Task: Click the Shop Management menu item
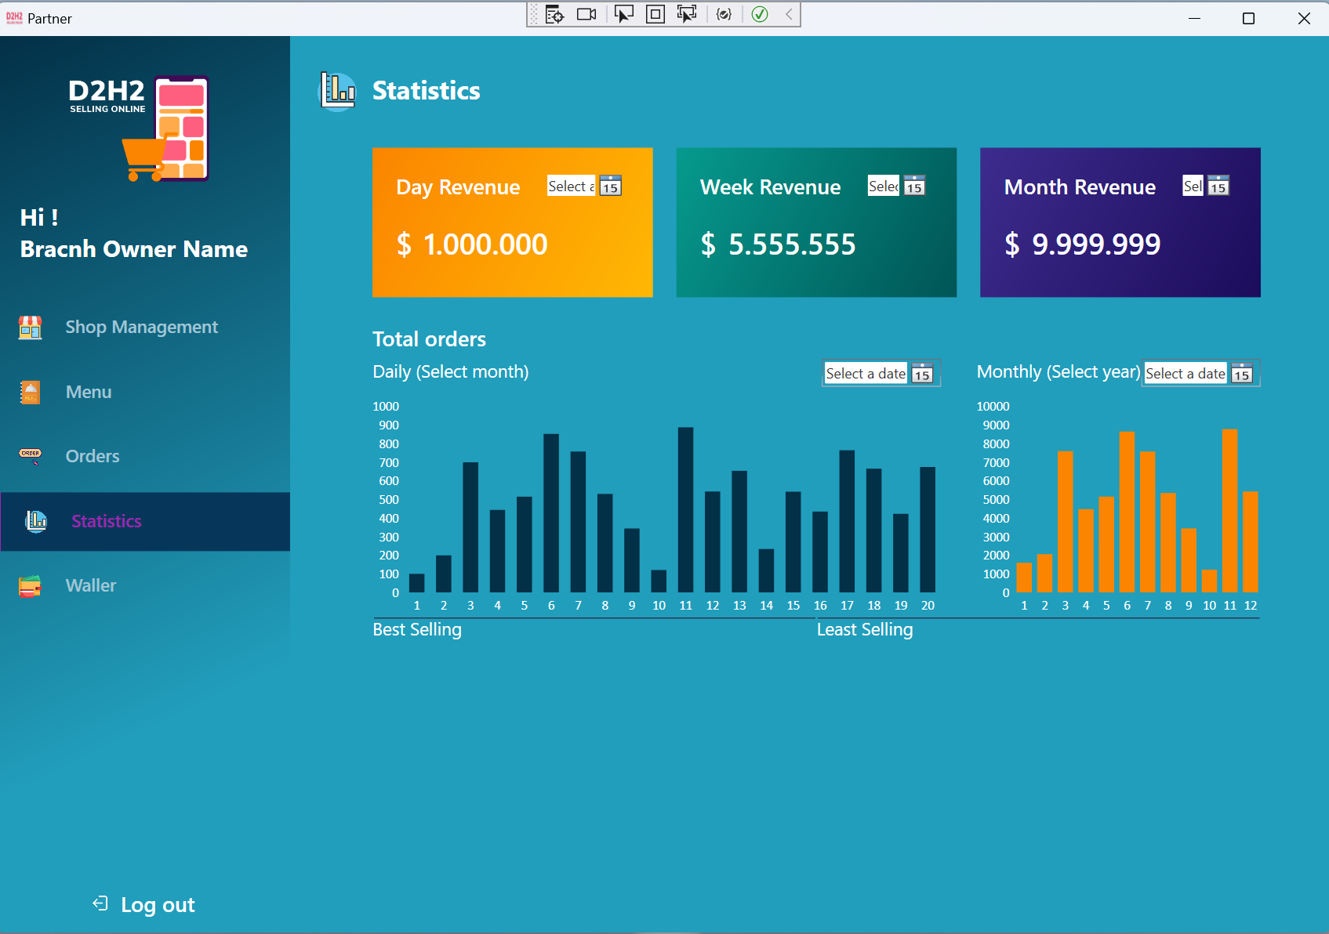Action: pos(141,327)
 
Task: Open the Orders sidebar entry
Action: pos(92,456)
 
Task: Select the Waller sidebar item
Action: pos(90,585)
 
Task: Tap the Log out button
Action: pos(157,905)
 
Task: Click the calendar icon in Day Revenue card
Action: pos(610,186)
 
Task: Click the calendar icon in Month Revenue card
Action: pos(1218,186)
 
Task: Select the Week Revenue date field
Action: pos(883,186)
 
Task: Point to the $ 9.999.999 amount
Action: pos(1082,244)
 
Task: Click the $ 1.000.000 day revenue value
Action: pos(472,244)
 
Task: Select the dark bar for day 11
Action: pos(685,510)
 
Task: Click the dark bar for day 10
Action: pos(659,581)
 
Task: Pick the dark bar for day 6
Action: pos(551,513)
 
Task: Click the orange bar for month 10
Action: pos(1209,581)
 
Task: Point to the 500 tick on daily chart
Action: pos(389,500)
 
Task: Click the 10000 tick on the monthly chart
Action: pos(993,407)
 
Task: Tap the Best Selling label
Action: pos(417,630)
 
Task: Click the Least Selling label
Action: pos(865,630)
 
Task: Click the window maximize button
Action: pos(1248,18)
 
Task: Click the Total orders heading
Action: pos(429,339)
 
